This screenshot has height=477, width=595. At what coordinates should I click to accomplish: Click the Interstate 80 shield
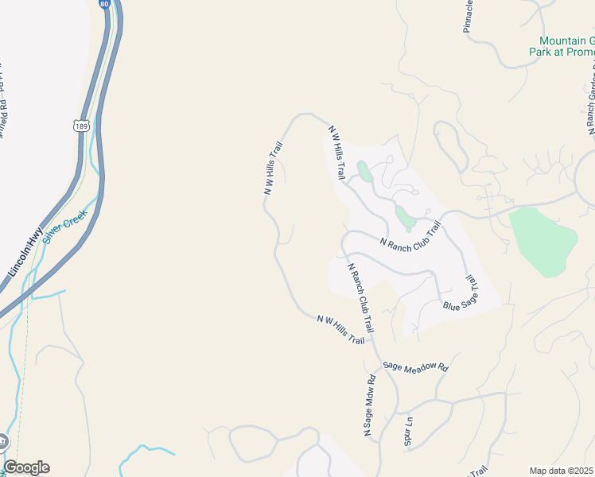(x=106, y=4)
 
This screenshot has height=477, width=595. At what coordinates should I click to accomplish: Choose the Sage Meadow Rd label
(x=416, y=367)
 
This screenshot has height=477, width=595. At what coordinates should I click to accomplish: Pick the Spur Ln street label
(x=408, y=429)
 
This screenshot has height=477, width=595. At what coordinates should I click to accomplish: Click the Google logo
(x=26, y=467)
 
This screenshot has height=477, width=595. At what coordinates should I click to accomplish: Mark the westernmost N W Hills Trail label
(x=274, y=168)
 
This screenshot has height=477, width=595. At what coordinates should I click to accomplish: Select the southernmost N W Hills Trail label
(x=340, y=329)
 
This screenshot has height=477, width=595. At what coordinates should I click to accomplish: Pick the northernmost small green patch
(x=364, y=171)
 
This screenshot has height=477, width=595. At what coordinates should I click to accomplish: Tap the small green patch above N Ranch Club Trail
(x=404, y=217)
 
